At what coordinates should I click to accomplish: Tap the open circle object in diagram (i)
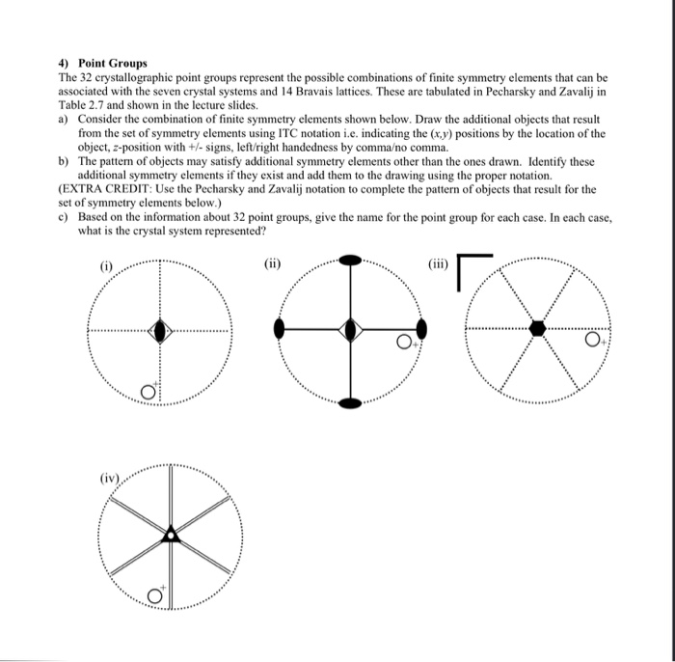[148, 391]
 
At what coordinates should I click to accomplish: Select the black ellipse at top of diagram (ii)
[351, 260]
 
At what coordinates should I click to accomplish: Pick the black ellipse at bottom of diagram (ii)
[351, 400]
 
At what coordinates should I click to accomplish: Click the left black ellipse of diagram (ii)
[280, 330]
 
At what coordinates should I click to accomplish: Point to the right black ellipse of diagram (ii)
[421, 330]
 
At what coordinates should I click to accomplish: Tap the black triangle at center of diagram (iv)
[170, 534]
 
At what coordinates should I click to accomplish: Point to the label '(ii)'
[273, 261]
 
